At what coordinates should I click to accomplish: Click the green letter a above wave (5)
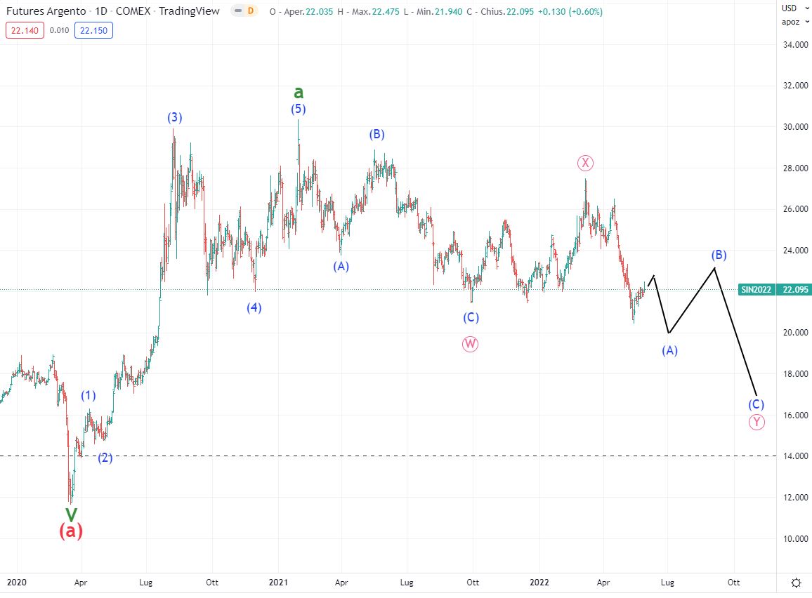[x=299, y=93]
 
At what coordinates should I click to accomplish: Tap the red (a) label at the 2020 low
[x=71, y=531]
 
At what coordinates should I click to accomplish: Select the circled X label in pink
[x=585, y=163]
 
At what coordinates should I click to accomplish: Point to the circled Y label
[x=756, y=421]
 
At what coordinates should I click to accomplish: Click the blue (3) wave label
[x=175, y=117]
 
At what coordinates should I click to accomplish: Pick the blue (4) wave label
[x=254, y=307]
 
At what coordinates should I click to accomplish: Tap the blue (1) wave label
[x=88, y=395]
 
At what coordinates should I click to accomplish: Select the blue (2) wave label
[x=105, y=458]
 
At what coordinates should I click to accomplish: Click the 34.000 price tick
[x=792, y=45]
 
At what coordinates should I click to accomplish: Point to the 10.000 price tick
[x=792, y=538]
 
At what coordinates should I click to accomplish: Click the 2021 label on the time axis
[x=279, y=582]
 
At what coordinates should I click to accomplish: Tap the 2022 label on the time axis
[x=539, y=582]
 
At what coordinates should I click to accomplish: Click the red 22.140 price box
[x=25, y=30]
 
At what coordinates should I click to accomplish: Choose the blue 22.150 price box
[x=96, y=30]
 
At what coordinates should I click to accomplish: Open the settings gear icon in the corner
[x=797, y=583]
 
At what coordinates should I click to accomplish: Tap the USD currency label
[x=790, y=8]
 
